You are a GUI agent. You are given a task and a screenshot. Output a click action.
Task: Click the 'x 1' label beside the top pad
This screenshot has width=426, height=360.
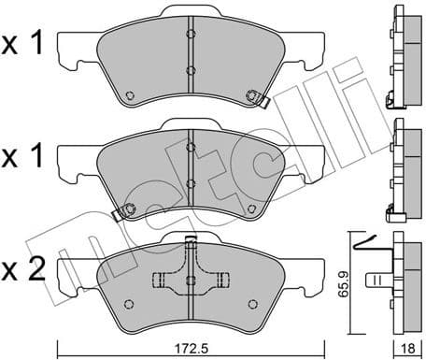pyautogui.click(x=22, y=43)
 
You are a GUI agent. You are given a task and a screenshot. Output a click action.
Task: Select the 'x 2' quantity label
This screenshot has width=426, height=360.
pyautogui.click(x=22, y=271)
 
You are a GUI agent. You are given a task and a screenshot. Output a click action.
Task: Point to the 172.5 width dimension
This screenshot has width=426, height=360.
pyautogui.click(x=191, y=346)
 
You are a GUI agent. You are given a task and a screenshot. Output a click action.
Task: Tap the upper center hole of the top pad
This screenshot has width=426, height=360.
pyautogui.click(x=190, y=38)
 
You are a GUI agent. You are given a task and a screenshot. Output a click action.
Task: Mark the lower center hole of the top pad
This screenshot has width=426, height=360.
pyautogui.click(x=190, y=71)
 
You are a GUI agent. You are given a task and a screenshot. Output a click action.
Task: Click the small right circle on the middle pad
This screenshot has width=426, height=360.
pyautogui.click(x=250, y=206)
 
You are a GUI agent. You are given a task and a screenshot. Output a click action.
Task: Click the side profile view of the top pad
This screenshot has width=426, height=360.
pyautogui.click(x=405, y=57)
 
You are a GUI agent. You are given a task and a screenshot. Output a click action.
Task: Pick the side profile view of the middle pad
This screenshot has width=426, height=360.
pyautogui.click(x=405, y=166)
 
